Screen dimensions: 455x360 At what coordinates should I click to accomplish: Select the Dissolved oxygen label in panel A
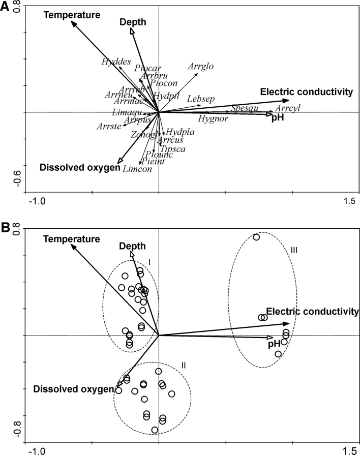(80, 167)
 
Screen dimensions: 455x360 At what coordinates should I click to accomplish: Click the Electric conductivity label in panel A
(306, 92)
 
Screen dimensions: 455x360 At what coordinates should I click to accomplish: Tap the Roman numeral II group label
(184, 365)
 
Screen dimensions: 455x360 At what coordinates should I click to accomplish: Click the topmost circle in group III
(256, 237)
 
